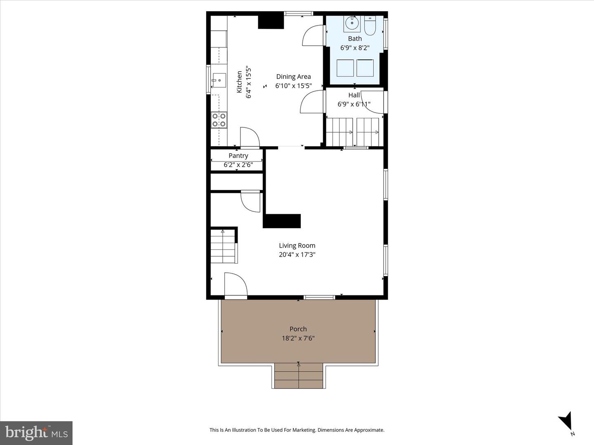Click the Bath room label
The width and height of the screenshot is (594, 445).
pyautogui.click(x=355, y=39)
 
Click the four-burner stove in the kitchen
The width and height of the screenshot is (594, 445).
pyautogui.click(x=219, y=120)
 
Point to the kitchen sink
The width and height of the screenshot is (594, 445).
pyautogui.click(x=219, y=80)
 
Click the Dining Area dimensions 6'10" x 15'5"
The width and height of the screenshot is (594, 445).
pyautogui.click(x=293, y=86)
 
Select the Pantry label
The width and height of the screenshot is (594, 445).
pyautogui.click(x=238, y=156)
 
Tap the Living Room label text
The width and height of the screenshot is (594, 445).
pyautogui.click(x=297, y=246)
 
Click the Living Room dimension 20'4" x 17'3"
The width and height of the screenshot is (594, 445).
pyautogui.click(x=297, y=255)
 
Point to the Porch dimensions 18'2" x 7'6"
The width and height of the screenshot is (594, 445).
pyautogui.click(x=298, y=338)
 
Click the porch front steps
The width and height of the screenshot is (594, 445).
pyautogui.click(x=299, y=375)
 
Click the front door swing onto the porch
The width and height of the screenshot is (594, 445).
pyautogui.click(x=235, y=284)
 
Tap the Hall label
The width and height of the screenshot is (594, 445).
pyautogui.click(x=354, y=95)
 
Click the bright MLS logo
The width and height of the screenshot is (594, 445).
pyautogui.click(x=36, y=433)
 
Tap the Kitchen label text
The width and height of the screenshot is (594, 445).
pyautogui.click(x=239, y=82)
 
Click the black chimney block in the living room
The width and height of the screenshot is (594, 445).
pyautogui.click(x=282, y=221)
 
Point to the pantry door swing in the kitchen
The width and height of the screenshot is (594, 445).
pyautogui.click(x=249, y=137)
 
